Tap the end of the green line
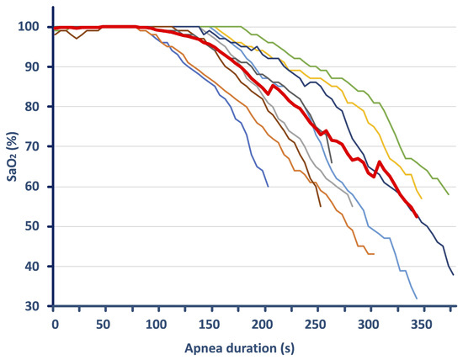(449, 195)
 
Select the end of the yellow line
(421, 199)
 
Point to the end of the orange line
(373, 254)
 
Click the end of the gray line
(352, 206)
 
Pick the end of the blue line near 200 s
(268, 186)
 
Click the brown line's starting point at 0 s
(54, 34)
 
